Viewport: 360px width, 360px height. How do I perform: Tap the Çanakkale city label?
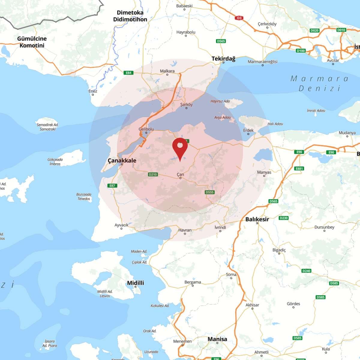point(122,160)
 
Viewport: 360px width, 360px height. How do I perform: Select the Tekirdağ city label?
point(223,58)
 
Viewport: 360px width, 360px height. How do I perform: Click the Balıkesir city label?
point(257,219)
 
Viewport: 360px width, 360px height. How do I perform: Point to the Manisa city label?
point(217,339)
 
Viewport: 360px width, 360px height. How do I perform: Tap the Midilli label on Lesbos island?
point(135,283)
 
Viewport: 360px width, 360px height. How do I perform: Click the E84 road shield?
point(128,73)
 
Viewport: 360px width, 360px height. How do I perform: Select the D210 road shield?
point(153,174)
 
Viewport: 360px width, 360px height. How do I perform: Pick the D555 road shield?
point(210,192)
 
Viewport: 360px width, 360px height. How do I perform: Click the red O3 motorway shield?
point(239,18)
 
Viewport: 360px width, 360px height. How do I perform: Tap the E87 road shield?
point(112,185)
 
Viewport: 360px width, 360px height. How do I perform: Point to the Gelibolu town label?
point(146,129)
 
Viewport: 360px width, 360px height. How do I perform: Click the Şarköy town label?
point(186,104)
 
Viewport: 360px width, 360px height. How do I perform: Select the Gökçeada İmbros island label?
point(55,162)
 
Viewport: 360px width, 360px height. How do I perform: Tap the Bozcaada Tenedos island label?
point(84,196)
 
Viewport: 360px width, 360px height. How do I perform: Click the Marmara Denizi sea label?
point(319,83)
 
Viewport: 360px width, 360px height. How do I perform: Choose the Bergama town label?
point(193,282)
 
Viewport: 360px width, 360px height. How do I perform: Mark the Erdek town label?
point(248,130)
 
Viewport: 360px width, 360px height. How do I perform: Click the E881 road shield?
point(299,169)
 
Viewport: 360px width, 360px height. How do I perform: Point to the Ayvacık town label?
point(121,225)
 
